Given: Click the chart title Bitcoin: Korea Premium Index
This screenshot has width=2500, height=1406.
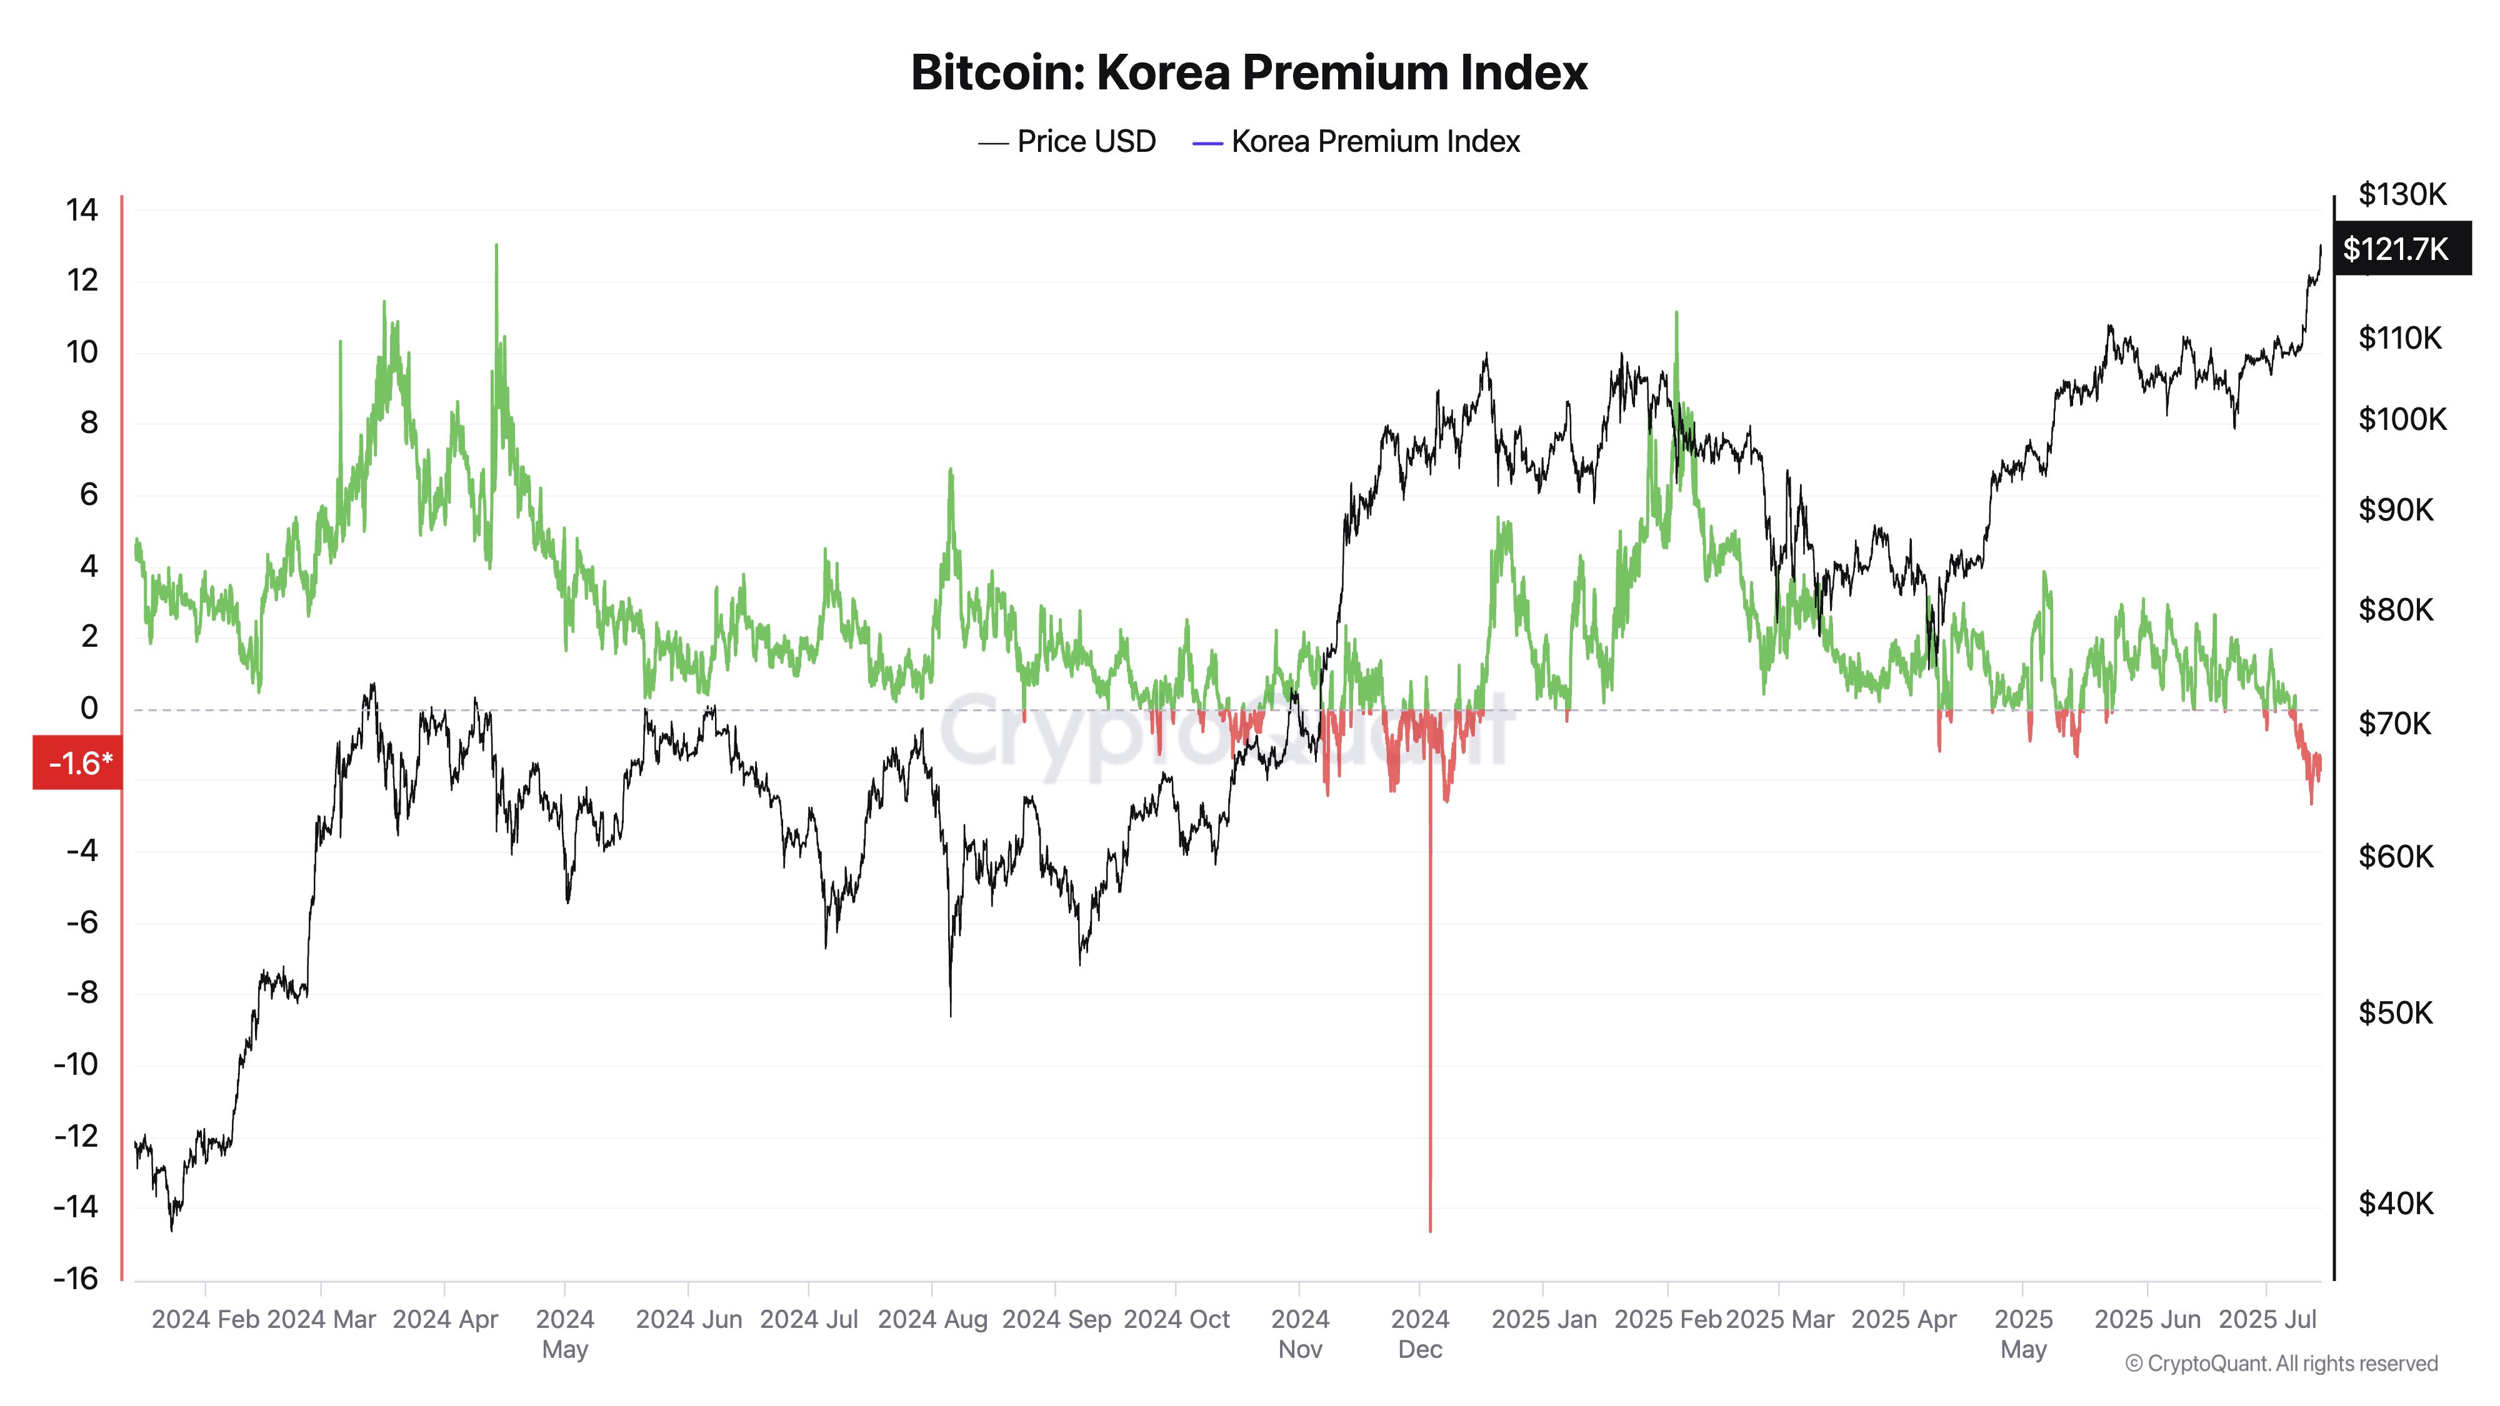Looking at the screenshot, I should [x=1249, y=72].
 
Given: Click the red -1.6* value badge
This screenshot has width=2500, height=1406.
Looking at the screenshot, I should [x=79, y=762].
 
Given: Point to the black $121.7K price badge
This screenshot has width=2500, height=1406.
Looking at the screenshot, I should [x=2395, y=249].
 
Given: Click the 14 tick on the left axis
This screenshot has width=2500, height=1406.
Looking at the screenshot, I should [x=82, y=209].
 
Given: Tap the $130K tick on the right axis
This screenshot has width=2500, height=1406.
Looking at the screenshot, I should [x=2402, y=194].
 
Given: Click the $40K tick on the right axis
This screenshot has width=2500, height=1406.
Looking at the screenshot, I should [x=2395, y=1203].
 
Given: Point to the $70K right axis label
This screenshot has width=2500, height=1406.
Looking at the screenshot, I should [x=2394, y=723].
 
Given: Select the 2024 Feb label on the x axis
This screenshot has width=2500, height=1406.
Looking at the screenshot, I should [x=205, y=1320].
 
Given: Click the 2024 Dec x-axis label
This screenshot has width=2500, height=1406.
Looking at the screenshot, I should [x=1420, y=1334].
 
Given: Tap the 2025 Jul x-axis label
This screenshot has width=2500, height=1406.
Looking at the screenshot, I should [x=2267, y=1320].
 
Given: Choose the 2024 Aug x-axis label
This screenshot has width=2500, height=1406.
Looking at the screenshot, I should [x=932, y=1320].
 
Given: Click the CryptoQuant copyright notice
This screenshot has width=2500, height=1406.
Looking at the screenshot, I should [x=2281, y=1364].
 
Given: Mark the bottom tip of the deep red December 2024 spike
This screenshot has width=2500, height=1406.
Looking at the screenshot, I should [x=1429, y=1230].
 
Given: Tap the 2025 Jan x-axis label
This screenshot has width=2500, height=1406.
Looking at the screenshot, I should [x=1543, y=1320].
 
